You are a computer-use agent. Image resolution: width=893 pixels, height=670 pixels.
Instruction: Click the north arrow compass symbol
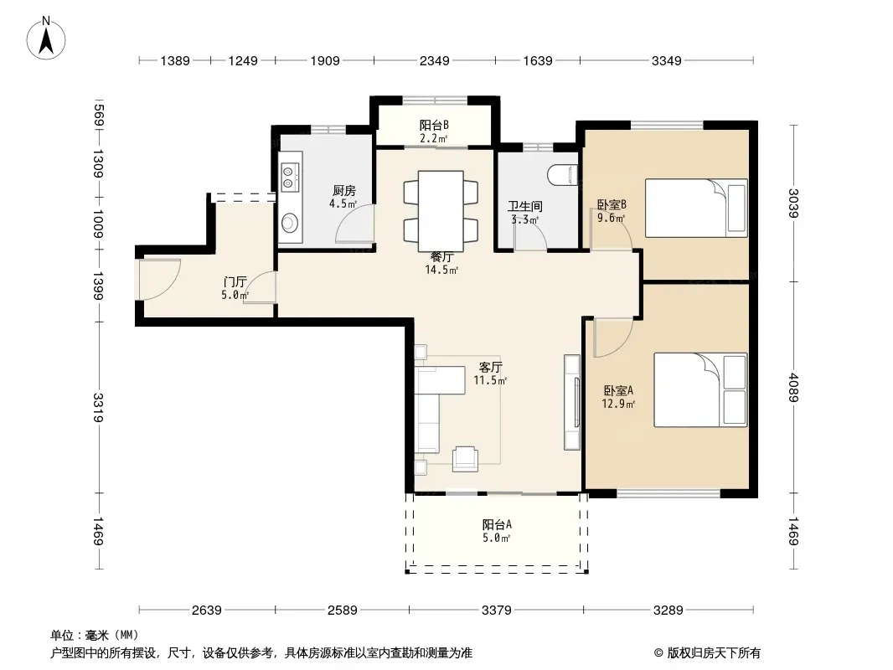pyautogui.click(x=46, y=39)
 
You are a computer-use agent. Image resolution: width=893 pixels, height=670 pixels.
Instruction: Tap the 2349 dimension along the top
pyautogui.click(x=435, y=60)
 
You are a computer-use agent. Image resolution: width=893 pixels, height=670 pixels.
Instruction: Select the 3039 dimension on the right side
pyautogui.click(x=794, y=203)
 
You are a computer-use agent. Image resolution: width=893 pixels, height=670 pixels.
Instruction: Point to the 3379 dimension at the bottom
pyautogui.click(x=496, y=611)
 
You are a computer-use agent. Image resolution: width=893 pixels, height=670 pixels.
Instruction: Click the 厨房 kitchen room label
pyautogui.click(x=344, y=191)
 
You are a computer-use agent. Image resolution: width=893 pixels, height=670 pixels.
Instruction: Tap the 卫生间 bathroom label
pyautogui.click(x=524, y=206)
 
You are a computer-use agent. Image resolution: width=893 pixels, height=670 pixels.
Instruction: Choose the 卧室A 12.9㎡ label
pyautogui.click(x=618, y=397)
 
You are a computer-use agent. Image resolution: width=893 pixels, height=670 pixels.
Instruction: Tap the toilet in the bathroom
pyautogui.click(x=563, y=175)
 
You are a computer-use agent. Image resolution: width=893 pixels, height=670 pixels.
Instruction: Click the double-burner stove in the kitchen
pyautogui.click(x=290, y=176)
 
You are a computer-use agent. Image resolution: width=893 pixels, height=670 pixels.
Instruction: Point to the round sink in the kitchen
pyautogui.click(x=290, y=222)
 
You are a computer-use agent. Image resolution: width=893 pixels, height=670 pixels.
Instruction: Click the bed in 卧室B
pyautogui.click(x=696, y=208)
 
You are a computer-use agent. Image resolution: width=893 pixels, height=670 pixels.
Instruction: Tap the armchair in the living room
pyautogui.click(x=465, y=459)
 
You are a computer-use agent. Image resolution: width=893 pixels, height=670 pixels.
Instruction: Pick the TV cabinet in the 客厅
pyautogui.click(x=572, y=402)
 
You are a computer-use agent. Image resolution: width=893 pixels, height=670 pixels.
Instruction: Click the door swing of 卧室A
pyautogui.click(x=613, y=338)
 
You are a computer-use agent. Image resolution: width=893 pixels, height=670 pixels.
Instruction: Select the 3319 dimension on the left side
pyautogui.click(x=97, y=407)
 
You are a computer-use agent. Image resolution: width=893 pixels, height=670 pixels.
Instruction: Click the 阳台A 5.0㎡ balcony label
pyautogui.click(x=497, y=530)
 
